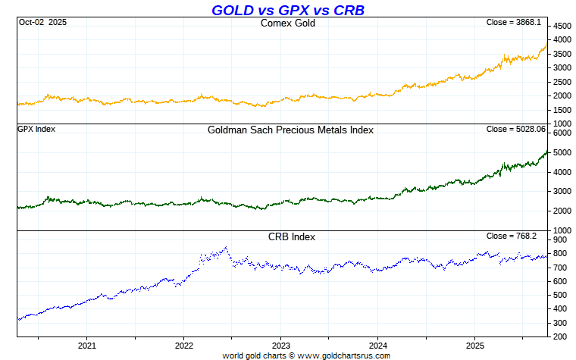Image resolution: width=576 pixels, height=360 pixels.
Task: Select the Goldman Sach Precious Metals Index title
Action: pos(290,130)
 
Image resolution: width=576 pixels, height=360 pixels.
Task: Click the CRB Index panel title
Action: pos(292,236)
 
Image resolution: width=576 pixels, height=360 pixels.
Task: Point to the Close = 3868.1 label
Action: pos(513,23)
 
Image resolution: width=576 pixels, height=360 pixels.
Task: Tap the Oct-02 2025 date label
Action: pos(42,23)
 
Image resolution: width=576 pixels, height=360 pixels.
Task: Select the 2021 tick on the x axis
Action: pos(87,346)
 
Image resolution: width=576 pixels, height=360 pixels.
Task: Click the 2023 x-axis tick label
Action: pos(281,346)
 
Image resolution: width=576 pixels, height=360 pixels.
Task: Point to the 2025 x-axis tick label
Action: pos(474,346)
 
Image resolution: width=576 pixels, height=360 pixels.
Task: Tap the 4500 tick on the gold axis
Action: pos(562,25)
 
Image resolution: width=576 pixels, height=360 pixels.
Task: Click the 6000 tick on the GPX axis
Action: pos(562,133)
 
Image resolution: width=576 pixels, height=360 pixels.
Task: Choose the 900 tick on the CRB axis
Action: pos(559,240)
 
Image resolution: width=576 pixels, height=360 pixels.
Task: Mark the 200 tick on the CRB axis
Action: pos(559,336)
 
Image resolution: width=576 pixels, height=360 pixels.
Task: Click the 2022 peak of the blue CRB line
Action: pos(226,247)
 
